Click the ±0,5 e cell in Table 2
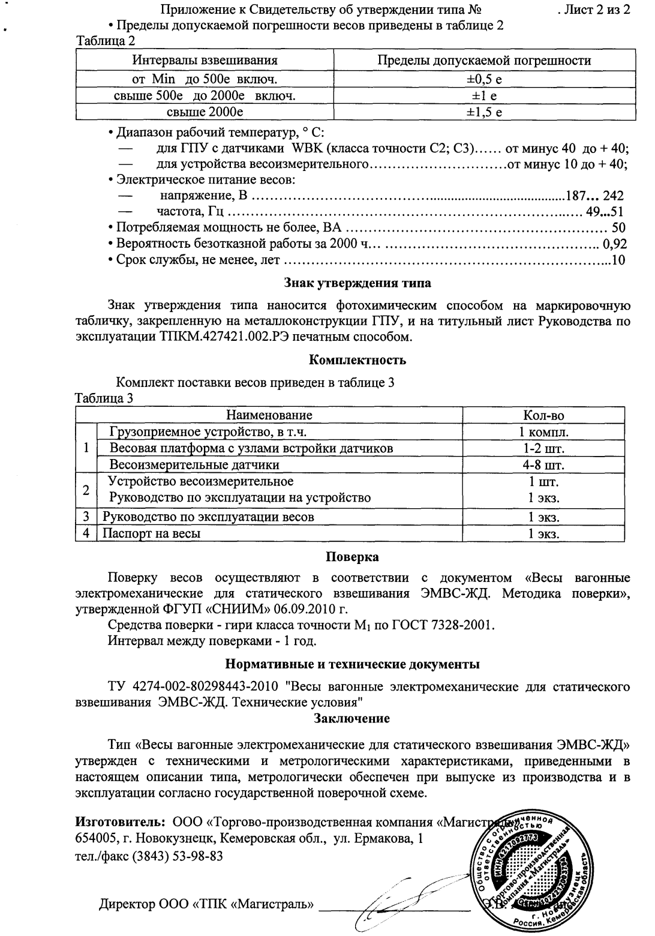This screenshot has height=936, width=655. (x=484, y=79)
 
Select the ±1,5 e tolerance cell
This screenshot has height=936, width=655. (x=484, y=112)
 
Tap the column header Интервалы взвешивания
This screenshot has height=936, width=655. (x=205, y=61)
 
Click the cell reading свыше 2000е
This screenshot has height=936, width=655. (x=205, y=112)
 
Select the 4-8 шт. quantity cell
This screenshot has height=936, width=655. (x=543, y=465)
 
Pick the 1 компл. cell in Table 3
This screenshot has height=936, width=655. (x=543, y=432)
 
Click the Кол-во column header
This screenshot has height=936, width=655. (x=543, y=416)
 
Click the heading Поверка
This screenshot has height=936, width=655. (x=352, y=557)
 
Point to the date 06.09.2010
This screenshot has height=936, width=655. (x=310, y=610)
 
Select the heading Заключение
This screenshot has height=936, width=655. (x=352, y=718)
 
